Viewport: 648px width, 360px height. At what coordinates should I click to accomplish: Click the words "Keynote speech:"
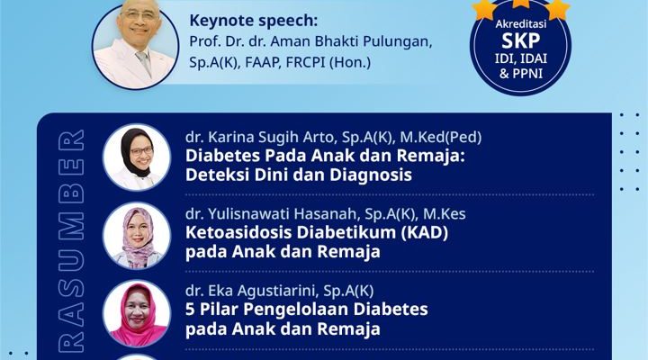[253, 21]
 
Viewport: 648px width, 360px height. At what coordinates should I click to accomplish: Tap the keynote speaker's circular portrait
[136, 46]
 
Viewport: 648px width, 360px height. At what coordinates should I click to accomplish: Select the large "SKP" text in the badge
[520, 40]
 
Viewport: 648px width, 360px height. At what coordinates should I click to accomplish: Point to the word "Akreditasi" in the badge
[521, 24]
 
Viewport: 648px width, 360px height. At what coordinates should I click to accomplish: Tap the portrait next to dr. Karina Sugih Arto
[137, 157]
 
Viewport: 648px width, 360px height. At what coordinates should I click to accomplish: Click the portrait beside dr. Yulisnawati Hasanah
[137, 236]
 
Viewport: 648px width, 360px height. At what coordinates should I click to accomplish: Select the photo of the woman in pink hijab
[137, 314]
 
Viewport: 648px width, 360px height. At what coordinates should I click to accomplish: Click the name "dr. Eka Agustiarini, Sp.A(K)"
[279, 291]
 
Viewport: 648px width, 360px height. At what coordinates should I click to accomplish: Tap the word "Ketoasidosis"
[238, 233]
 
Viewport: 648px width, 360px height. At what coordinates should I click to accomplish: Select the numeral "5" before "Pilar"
[190, 310]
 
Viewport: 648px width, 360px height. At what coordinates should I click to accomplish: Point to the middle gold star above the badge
[521, 3]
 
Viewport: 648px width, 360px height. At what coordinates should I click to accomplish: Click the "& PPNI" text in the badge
[521, 74]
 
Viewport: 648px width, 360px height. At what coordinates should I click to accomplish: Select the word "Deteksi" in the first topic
[217, 175]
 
